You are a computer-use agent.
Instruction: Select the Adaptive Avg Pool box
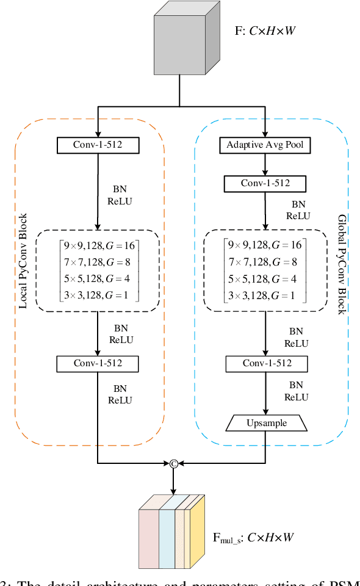[x=265, y=145]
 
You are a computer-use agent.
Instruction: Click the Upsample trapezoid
[x=265, y=422]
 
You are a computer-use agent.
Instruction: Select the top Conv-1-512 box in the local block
[x=98, y=145]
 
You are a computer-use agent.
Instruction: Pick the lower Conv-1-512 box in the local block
[x=98, y=364]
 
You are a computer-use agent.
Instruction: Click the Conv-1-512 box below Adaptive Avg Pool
[x=265, y=183]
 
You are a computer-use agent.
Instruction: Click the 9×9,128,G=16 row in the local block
[x=98, y=245]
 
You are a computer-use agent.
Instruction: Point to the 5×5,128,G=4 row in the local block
[x=98, y=279]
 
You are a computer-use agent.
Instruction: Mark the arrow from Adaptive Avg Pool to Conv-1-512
[x=265, y=164]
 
